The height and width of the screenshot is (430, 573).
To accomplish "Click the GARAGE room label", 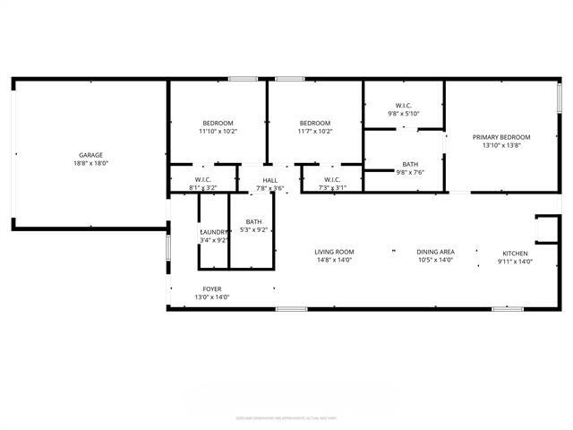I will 90,155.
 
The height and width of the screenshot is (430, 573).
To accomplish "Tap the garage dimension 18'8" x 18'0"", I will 90,164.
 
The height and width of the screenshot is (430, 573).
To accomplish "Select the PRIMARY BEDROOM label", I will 501,137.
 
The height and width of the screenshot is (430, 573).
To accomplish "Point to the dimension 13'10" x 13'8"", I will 501,146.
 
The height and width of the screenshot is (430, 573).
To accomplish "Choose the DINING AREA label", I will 435,252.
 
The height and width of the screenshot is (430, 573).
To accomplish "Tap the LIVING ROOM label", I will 334,252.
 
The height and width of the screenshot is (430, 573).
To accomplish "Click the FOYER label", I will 212,288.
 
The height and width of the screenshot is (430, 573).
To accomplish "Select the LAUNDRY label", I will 214,232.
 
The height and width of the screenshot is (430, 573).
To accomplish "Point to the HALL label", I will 269,180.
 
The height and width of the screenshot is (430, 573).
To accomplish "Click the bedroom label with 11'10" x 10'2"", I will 218,123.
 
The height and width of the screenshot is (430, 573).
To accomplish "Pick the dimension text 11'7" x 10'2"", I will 315,132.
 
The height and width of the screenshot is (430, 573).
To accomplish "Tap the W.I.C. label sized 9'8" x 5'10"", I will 404,105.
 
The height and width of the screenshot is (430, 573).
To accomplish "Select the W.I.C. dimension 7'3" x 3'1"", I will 332,188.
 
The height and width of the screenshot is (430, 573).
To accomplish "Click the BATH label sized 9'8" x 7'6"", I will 410,164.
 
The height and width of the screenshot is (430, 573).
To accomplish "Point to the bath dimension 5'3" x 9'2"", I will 254,230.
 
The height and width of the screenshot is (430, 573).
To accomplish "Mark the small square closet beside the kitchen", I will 545,228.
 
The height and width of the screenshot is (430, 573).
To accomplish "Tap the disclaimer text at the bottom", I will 286,417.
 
